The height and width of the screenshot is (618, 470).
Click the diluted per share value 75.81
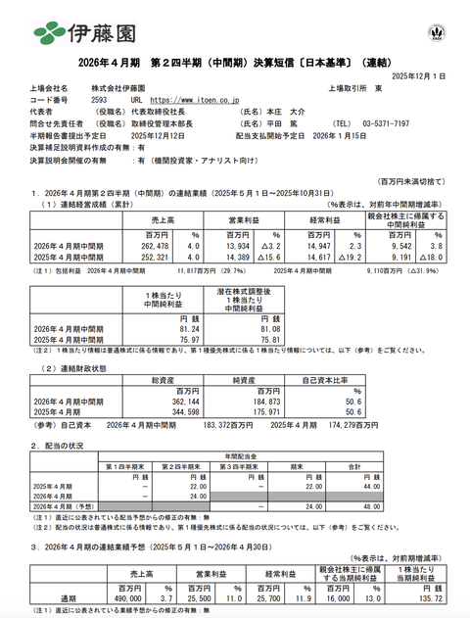[x=258, y=340]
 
